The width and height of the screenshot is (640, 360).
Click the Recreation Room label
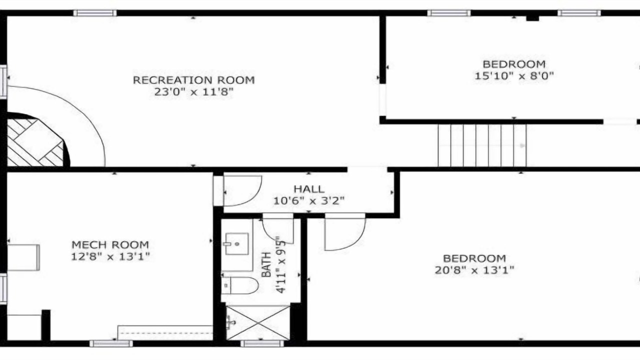[x=193, y=80]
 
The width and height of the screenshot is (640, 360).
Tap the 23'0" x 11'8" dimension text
[x=193, y=92]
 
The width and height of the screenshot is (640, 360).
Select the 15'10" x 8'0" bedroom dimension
[x=514, y=76]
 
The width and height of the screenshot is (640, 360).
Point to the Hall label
[x=309, y=189]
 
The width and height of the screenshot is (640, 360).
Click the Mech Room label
[x=110, y=244]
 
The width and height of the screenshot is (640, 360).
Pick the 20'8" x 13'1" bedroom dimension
[x=474, y=269]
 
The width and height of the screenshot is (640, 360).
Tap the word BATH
[x=266, y=264]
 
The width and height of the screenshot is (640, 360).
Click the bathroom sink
[x=237, y=243]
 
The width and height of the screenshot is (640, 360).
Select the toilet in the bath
[x=239, y=285]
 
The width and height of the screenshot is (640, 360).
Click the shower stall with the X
[x=258, y=322]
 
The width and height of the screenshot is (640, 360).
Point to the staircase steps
[x=482, y=145]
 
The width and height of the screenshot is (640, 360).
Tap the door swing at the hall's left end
[x=242, y=190]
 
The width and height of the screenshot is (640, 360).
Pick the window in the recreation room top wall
[x=95, y=13]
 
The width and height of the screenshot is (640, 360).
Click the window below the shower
[x=262, y=343]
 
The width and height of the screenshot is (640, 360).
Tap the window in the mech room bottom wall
[x=111, y=343]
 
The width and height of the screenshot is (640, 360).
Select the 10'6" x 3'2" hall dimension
[x=309, y=200]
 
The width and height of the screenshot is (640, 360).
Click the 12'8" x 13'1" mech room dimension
[x=110, y=256]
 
